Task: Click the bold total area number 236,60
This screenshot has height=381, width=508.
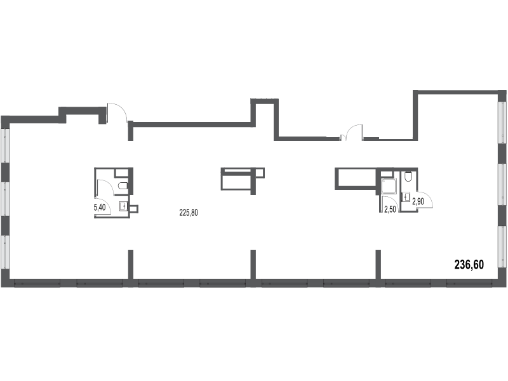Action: (469, 265)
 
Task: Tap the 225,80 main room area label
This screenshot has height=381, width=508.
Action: (189, 213)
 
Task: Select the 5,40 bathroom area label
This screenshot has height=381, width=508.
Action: (100, 208)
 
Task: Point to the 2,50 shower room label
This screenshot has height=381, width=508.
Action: (390, 210)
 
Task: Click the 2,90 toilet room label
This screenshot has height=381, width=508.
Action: (418, 201)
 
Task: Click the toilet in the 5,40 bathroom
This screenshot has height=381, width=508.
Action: (123, 186)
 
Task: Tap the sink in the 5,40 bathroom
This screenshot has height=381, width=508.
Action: (124, 206)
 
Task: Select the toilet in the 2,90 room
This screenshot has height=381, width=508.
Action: (408, 177)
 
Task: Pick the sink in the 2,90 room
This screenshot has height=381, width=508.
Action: (406, 197)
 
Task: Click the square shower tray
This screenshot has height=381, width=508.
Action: (388, 186)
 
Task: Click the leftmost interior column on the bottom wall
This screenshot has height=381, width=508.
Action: (131, 264)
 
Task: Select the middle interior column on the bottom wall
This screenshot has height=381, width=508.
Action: (253, 264)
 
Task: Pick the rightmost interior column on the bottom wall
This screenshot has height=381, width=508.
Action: (378, 264)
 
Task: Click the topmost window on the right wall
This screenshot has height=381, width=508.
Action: (502, 123)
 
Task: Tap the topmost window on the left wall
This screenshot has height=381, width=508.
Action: (6, 145)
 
